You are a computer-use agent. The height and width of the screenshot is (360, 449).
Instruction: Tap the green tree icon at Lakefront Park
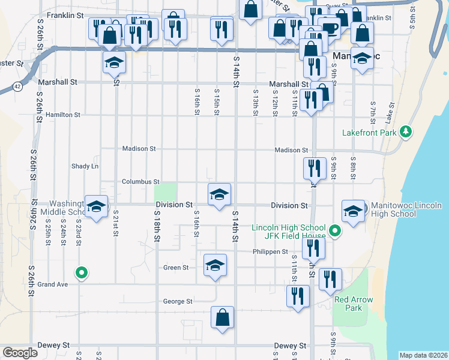point(406,131)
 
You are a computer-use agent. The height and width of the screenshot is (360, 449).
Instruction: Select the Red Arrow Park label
point(354,304)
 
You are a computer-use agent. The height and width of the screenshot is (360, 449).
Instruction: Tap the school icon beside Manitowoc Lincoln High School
point(352,210)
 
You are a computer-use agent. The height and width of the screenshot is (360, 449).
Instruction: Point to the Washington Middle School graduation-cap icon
point(95,206)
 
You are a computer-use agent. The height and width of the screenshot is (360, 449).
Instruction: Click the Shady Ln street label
point(85,166)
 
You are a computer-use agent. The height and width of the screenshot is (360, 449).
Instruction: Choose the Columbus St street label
point(140,181)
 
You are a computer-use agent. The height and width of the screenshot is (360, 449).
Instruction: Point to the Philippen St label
point(270,252)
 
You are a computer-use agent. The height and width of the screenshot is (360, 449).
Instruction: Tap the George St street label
point(178,301)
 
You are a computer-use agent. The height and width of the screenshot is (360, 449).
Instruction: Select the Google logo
point(20,353)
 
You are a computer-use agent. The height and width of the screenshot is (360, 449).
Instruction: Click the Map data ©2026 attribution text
point(423,355)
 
